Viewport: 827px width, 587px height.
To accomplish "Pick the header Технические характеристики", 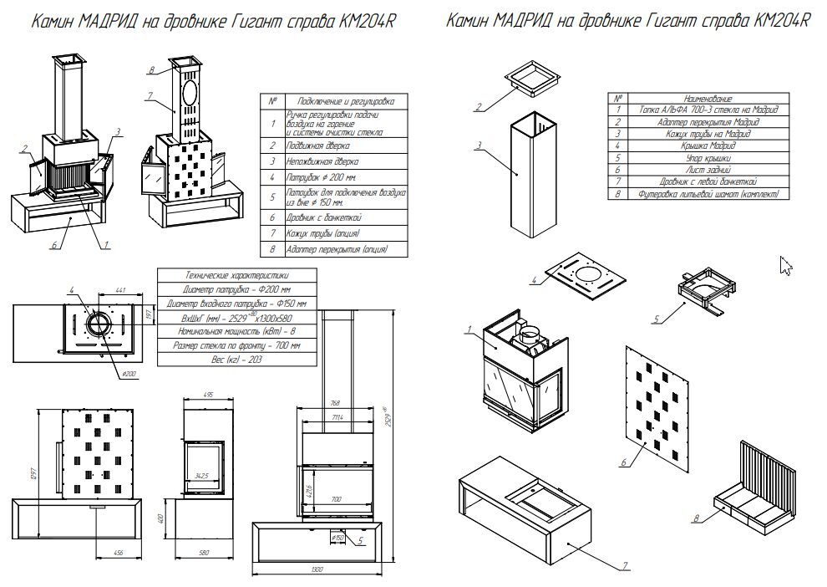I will click(236, 274).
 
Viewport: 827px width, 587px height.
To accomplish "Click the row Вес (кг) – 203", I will click(236, 358).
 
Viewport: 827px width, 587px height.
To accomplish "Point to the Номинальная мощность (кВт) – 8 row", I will click(236, 330).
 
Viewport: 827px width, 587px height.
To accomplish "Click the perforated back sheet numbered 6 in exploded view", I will click(660, 393).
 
